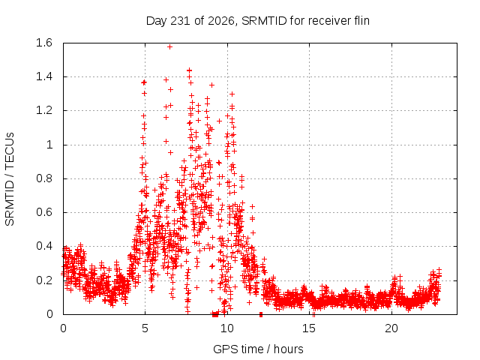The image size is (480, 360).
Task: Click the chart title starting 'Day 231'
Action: tap(258, 21)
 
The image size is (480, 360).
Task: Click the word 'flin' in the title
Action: tap(361, 20)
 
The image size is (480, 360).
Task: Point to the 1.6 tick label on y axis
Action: tap(44, 43)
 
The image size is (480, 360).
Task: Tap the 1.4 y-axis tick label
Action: tap(44, 76)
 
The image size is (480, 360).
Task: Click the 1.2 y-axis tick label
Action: tap(44, 110)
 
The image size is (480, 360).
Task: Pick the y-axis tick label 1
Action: tap(49, 145)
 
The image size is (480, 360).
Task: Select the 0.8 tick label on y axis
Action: tap(44, 178)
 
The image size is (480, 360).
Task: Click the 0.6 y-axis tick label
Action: tap(44, 212)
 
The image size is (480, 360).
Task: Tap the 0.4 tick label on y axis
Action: tap(44, 246)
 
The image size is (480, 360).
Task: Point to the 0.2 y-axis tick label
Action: tap(44, 280)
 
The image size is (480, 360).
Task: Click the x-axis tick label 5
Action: tap(145, 328)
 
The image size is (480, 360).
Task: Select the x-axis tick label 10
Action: tap(227, 328)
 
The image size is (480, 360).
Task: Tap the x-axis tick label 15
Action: tap(309, 328)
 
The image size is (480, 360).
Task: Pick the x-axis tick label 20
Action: tap(391, 328)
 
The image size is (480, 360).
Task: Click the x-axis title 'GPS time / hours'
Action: tap(258, 349)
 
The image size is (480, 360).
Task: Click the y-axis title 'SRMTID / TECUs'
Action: tap(10, 179)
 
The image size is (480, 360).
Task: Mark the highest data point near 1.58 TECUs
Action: tap(170, 46)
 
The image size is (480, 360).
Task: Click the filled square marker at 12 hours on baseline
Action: tap(261, 314)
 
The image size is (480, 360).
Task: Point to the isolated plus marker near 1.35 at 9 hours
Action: tap(211, 85)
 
